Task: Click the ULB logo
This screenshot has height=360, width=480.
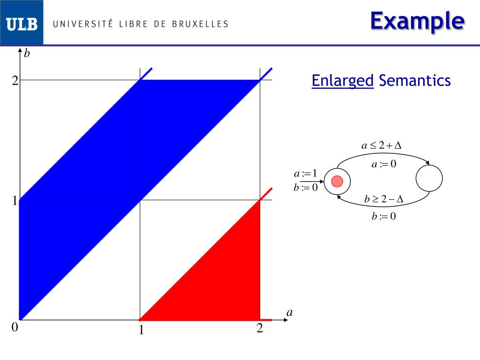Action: pos(22,23)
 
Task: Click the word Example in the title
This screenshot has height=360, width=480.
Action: pos(417,21)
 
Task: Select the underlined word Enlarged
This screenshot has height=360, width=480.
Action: pos(343,81)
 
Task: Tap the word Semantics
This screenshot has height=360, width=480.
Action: pos(415,81)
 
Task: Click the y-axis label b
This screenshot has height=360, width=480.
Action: pos(27,54)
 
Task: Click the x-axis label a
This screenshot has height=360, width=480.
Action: pos(289,312)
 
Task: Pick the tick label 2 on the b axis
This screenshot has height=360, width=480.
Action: pos(15,81)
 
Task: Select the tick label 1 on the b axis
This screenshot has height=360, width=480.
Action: pos(15,201)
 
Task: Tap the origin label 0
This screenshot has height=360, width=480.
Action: pos(15,328)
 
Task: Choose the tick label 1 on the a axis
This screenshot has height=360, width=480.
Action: pos(140,331)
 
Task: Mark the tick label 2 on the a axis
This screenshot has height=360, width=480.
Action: pos(260,329)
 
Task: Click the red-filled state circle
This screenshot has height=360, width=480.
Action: pos(337,181)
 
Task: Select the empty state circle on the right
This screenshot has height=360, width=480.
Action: pos(429,179)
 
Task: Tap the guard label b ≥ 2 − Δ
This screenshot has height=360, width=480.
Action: pos(384,199)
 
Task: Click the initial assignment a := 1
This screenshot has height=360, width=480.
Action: pos(306,173)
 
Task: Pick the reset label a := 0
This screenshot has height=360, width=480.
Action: pos(384,164)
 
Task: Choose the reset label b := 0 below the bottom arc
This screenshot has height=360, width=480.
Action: pos(384,217)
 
